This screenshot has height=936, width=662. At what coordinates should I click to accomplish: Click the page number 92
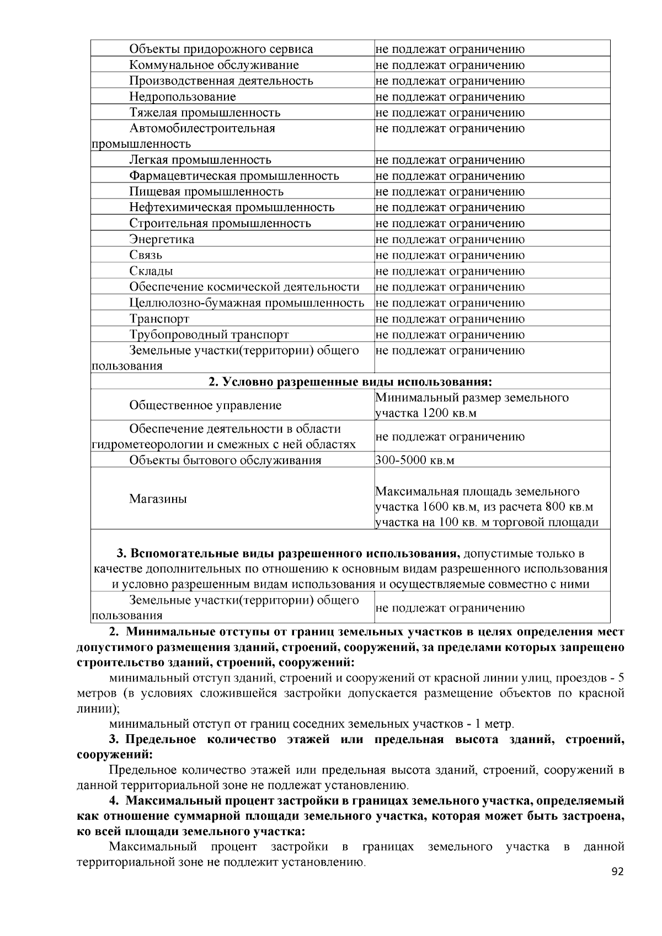[617, 872]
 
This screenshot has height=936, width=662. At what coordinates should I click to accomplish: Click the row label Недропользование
[183, 97]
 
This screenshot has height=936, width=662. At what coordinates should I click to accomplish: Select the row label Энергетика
[162, 239]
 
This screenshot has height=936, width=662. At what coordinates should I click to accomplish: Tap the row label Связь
[146, 255]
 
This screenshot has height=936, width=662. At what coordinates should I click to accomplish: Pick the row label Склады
[151, 271]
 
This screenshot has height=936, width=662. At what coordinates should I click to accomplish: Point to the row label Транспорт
[159, 319]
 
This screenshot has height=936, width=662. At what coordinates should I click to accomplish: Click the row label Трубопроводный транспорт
[209, 335]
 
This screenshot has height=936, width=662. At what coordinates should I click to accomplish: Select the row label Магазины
[158, 499]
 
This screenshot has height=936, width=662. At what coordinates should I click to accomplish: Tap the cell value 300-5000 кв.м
[415, 460]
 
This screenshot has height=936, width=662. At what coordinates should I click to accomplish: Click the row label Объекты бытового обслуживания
[225, 460]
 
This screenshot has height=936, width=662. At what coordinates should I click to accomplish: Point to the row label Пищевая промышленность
[206, 192]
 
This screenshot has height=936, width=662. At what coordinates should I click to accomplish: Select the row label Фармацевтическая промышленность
[234, 176]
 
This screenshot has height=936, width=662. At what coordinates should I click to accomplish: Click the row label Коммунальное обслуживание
[214, 65]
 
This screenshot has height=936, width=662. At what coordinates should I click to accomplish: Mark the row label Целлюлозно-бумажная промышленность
[247, 303]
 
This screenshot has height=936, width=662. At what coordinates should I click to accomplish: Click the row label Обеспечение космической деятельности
[244, 287]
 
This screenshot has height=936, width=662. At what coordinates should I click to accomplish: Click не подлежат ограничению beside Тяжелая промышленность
[450, 113]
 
